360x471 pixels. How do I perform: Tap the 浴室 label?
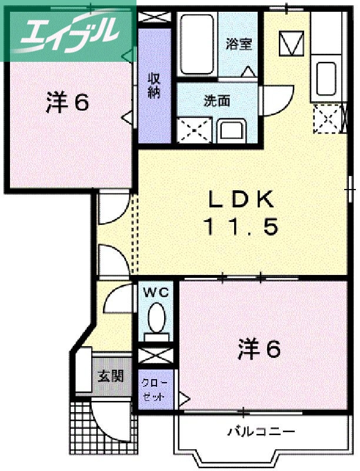[x=239, y=44]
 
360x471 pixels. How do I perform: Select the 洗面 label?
[x=216, y=101]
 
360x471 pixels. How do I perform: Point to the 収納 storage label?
[x=154, y=85]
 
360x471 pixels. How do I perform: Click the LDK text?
[x=240, y=201]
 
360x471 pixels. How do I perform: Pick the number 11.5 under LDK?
[x=240, y=227]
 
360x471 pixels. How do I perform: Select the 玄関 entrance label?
[x=111, y=375]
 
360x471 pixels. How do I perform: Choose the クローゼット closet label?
[x=155, y=389]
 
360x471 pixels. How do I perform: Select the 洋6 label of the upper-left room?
[x=67, y=102]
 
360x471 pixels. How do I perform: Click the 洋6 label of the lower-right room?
[x=259, y=350]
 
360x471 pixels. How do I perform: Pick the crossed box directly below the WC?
[x=156, y=356]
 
